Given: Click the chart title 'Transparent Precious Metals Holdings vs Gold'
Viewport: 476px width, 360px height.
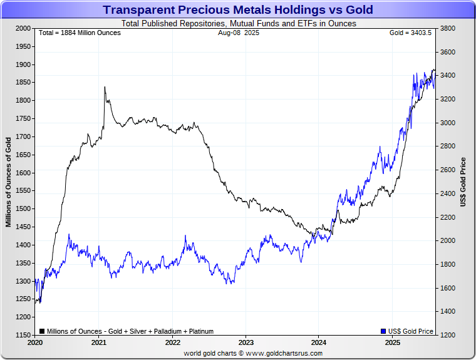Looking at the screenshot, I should pos(237,10).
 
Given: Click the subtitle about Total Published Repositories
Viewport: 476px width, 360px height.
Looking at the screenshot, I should pos(237,24).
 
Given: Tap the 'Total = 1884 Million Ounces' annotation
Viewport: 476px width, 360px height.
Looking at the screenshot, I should pos(80,33).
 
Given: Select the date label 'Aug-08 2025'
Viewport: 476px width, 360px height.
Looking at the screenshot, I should pos(235,33).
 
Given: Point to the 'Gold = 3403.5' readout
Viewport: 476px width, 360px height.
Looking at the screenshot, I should pos(410,33).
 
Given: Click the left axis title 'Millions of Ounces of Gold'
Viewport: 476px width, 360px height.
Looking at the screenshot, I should pos(8,182).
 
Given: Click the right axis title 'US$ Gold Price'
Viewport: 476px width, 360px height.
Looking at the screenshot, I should pos(463,182).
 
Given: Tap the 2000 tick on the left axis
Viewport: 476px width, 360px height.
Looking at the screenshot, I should pos(23,28).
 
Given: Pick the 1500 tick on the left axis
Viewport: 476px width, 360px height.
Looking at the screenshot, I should pos(23,209).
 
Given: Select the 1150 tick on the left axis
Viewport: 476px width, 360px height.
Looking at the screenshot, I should pos(23,336).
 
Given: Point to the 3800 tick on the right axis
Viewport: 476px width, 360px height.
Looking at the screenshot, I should pos(448,28).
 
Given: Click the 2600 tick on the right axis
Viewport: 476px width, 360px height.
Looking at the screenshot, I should pos(448,170).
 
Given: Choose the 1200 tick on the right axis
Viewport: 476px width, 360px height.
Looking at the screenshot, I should pos(448,336).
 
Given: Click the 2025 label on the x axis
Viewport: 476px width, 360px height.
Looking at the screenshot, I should pos(392,343).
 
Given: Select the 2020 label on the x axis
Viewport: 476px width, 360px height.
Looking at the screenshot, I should pos(35,343).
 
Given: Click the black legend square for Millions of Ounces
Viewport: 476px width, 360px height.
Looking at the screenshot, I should pos(42,331).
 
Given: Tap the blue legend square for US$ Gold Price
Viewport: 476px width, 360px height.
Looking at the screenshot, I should pos(383,331).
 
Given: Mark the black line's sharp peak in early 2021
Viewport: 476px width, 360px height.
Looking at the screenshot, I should pos(105,87).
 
